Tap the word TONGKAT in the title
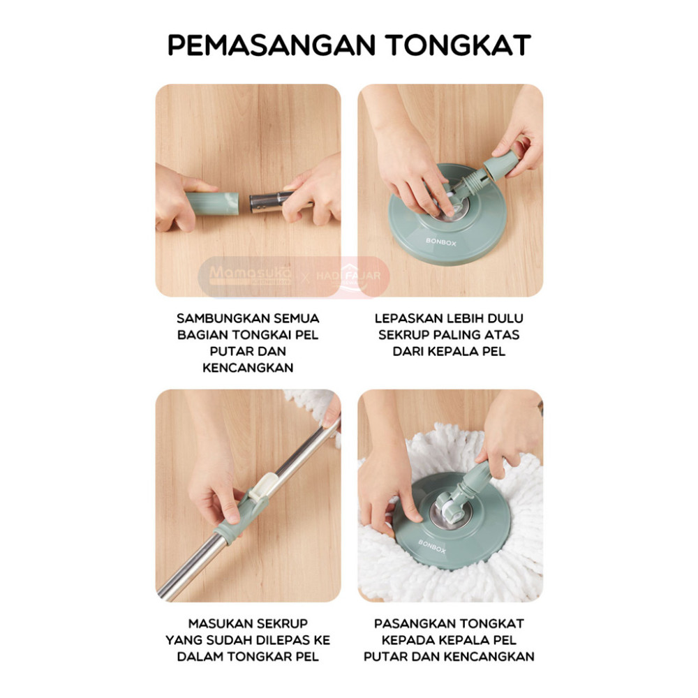[x=458, y=45]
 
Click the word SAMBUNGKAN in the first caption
[x=223, y=318]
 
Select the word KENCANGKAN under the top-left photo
[x=248, y=368]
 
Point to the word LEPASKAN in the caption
[x=408, y=318]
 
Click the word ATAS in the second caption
[x=502, y=335]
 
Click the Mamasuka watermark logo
[x=250, y=276]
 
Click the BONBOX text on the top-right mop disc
[x=440, y=242]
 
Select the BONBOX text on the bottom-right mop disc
[x=432, y=547]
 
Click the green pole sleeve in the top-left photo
[x=212, y=204]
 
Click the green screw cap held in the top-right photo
[x=503, y=165]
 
